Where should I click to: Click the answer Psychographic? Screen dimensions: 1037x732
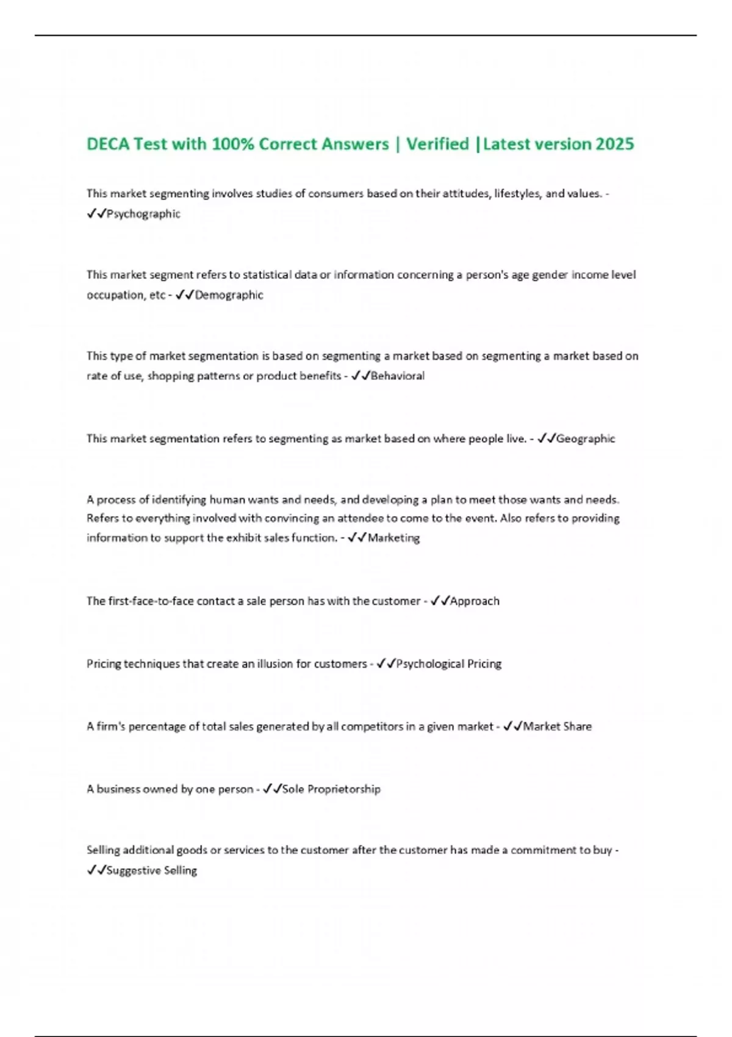tap(143, 214)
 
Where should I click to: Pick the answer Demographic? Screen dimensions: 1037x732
tap(229, 295)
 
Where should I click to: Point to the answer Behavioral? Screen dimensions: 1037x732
tap(398, 376)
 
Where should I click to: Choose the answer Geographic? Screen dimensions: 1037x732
tap(586, 439)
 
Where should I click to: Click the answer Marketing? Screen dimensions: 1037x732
tap(394, 538)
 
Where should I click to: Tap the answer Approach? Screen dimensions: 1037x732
tap(475, 601)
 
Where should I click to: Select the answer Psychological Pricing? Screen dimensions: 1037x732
tap(449, 664)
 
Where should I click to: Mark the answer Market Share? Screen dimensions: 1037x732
tap(558, 727)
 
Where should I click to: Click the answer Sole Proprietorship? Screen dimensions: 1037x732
tap(331, 789)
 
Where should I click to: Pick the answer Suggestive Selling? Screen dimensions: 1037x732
tap(152, 870)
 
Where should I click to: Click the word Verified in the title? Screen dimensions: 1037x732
tap(437, 144)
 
